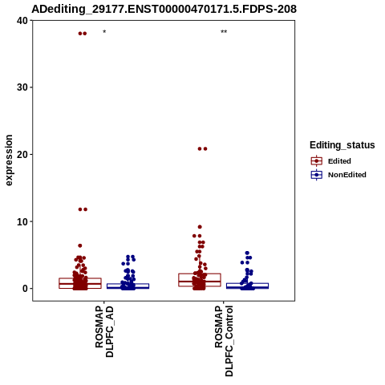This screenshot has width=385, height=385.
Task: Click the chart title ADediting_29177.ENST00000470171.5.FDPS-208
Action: pos(164,9)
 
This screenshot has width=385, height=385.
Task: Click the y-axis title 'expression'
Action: pos(9,160)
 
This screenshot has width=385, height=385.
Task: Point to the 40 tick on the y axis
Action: pos(22,21)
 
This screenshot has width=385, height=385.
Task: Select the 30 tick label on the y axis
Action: pos(22,87)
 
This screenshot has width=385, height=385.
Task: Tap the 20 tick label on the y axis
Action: pos(22,155)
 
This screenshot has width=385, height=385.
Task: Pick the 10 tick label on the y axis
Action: pos(22,221)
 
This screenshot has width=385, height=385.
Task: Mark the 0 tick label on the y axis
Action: pos(26,289)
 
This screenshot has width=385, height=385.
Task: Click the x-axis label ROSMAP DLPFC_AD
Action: pos(104,332)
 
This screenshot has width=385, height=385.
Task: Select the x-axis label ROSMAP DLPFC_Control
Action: pos(224,341)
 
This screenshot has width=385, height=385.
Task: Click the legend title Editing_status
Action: pos(342,145)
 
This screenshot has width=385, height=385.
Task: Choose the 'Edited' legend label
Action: pos(339,161)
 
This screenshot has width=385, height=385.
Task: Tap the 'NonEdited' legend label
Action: pos(347,175)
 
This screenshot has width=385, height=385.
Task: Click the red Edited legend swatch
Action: pos(317,161)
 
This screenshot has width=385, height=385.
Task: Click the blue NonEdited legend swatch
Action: pos(317,175)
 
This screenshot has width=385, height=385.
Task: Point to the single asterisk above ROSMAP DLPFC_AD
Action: pos(104,32)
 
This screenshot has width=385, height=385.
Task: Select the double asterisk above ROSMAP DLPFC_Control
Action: pos(224,32)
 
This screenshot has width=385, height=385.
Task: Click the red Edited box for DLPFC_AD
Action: pos(80,278)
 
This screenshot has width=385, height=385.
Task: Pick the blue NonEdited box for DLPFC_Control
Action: pos(247,283)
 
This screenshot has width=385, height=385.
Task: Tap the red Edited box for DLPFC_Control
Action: pos(200,274)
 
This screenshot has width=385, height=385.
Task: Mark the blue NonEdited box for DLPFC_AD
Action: pos(128,284)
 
